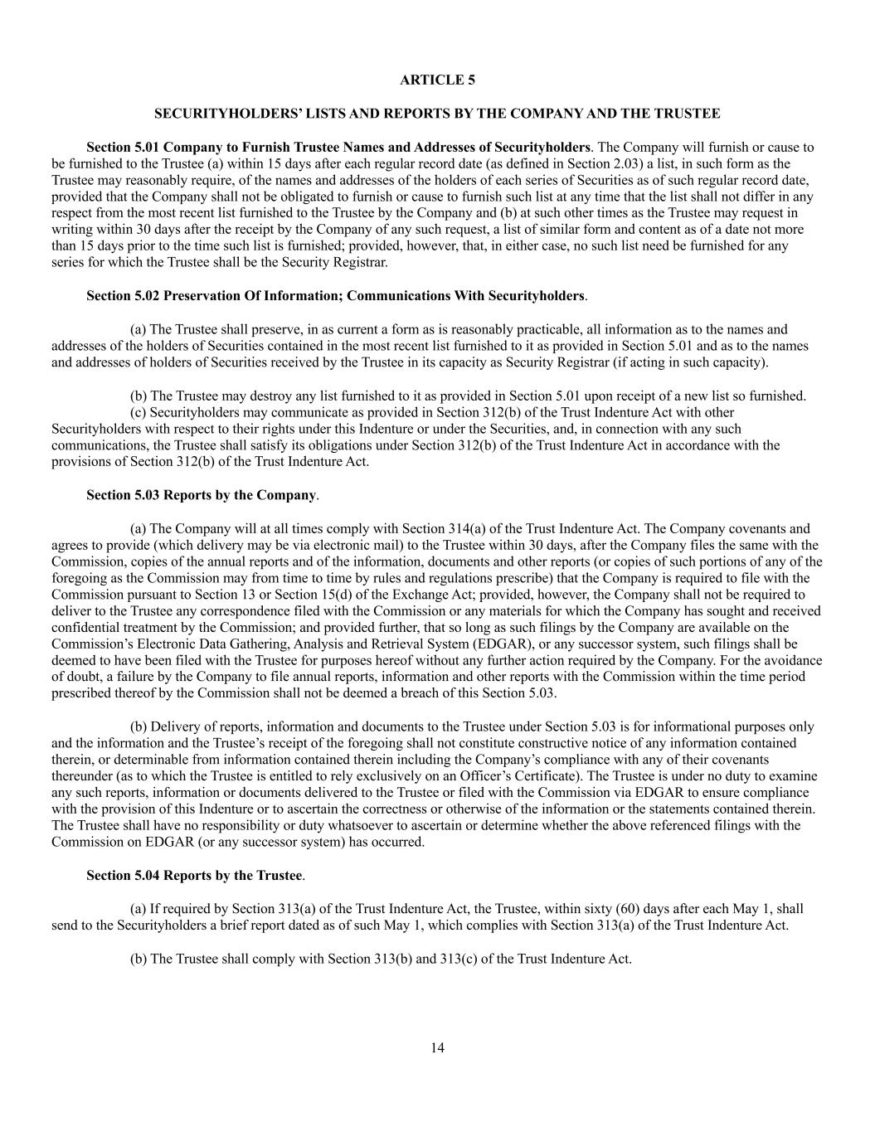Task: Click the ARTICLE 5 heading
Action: pyautogui.click(x=437, y=80)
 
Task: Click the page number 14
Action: pyautogui.click(x=437, y=1047)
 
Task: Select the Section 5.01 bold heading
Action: pyautogui.click(x=338, y=147)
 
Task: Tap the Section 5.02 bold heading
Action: pyautogui.click(x=335, y=296)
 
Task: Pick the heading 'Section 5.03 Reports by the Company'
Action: pyautogui.click(x=202, y=495)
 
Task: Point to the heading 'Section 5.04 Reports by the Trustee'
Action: pyautogui.click(x=194, y=876)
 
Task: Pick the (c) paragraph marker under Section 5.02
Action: pyautogui.click(x=139, y=412)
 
